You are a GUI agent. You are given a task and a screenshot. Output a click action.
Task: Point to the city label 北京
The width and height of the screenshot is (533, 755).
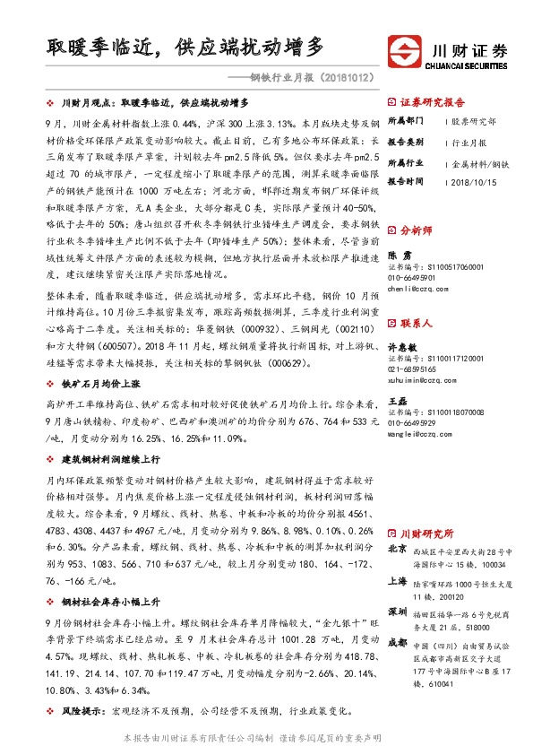click(396, 547)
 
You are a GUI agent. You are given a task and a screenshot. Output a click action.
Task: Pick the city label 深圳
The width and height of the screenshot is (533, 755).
click(396, 612)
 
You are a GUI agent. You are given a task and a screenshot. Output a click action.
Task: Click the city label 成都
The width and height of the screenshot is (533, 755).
click(396, 642)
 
